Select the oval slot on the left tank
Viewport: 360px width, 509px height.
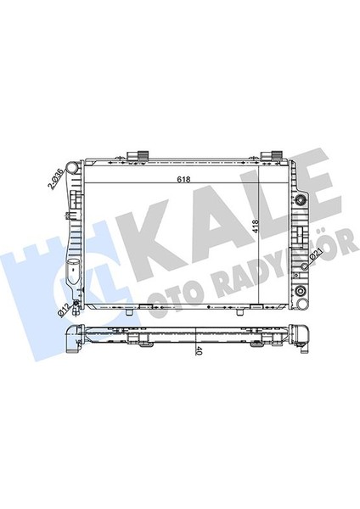[71, 276]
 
